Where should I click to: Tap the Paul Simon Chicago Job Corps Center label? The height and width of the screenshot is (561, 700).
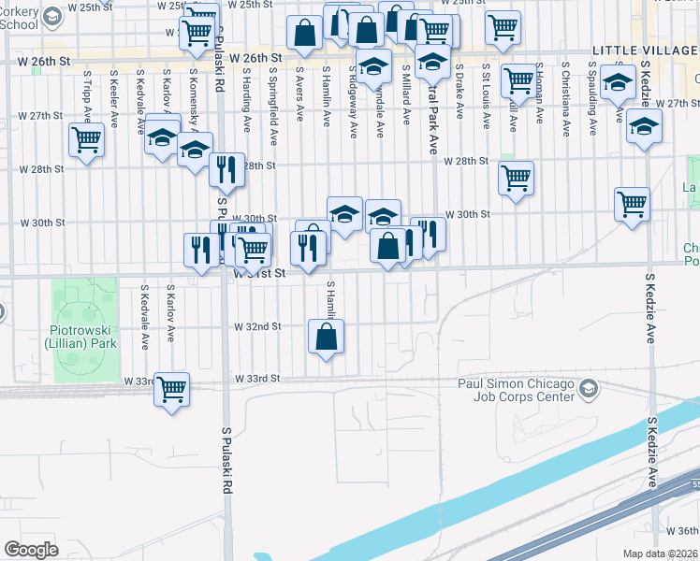(515, 389)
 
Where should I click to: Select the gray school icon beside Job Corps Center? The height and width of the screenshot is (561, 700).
(588, 388)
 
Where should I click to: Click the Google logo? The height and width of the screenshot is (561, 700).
(31, 550)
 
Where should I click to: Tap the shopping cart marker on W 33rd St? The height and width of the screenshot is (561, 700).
(171, 388)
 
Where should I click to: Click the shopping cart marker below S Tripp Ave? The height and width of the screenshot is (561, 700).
(86, 140)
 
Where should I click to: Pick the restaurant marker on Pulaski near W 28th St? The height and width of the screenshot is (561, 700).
(226, 169)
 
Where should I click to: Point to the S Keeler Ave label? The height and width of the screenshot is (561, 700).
(114, 93)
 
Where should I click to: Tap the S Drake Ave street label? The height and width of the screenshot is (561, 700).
(459, 93)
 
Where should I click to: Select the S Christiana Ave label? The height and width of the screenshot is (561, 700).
(566, 93)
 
